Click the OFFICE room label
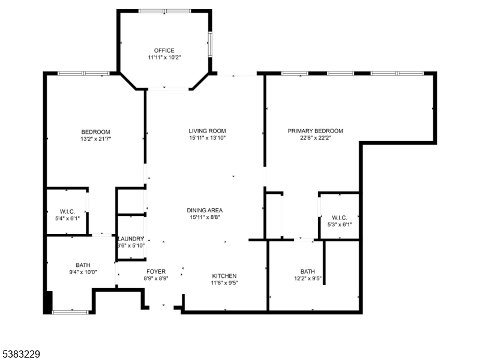pyautogui.click(x=164, y=50)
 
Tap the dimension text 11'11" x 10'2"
pyautogui.click(x=164, y=58)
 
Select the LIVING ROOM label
pyautogui.click(x=207, y=131)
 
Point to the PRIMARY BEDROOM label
pyautogui.click(x=315, y=131)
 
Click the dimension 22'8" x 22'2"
pyautogui.click(x=315, y=139)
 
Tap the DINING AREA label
pyautogui.click(x=205, y=210)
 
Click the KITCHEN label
pyautogui.click(x=223, y=275)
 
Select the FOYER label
pyautogui.click(x=155, y=272)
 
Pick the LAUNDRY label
pyautogui.click(x=131, y=238)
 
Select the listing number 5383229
pyautogui.click(x=20, y=355)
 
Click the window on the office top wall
pyautogui.click(x=164, y=11)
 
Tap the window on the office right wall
pyautogui.click(x=210, y=44)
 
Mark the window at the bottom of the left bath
pyautogui.click(x=70, y=311)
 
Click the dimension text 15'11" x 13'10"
pyautogui.click(x=207, y=139)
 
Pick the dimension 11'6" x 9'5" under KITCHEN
pyautogui.click(x=223, y=283)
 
